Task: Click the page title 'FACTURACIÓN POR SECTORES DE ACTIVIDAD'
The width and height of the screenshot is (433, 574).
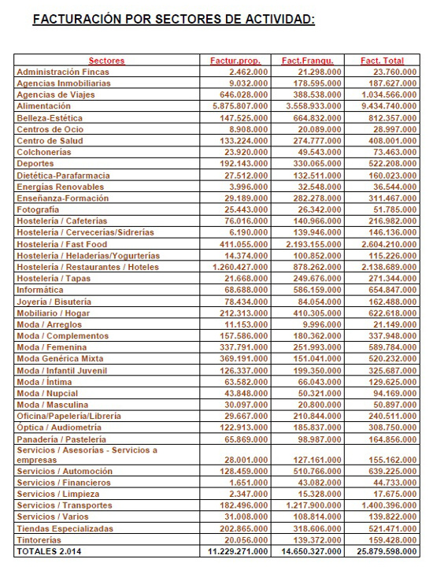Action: click(x=173, y=18)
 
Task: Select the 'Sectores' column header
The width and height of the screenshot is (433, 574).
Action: click(x=105, y=61)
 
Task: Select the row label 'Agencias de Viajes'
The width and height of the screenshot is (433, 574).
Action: click(x=54, y=93)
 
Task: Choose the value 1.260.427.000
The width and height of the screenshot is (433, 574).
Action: click(x=236, y=267)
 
